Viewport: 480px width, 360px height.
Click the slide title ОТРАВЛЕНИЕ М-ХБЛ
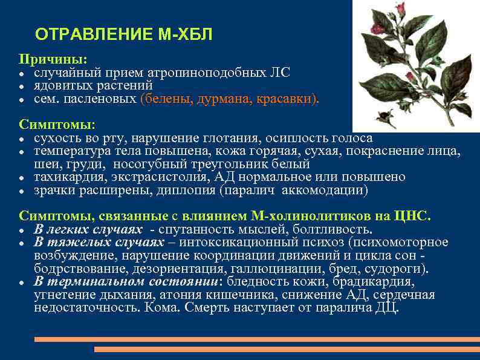click(124, 34)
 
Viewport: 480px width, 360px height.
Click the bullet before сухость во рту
click(22, 139)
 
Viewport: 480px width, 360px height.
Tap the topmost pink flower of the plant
click(400, 8)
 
